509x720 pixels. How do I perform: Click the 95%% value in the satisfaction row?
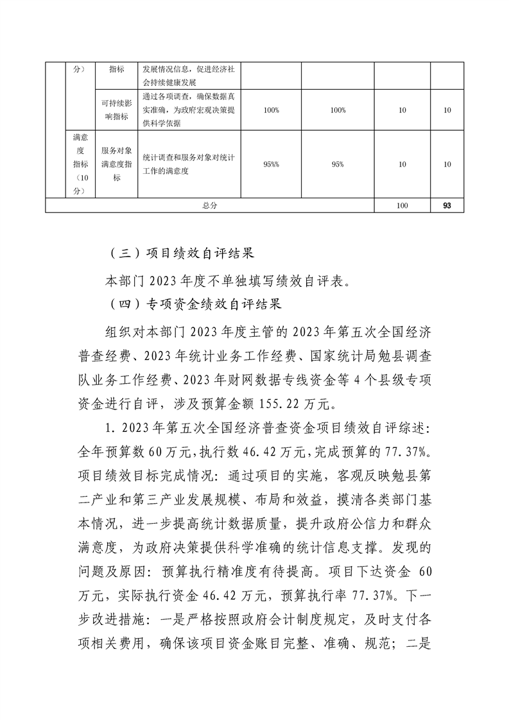(271, 164)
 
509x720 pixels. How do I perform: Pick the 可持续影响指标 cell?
(116, 110)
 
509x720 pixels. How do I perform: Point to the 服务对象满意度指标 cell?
(116, 164)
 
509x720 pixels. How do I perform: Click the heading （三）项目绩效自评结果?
(184, 252)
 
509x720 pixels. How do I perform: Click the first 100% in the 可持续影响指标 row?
(271, 110)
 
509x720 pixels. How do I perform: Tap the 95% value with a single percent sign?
(338, 164)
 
